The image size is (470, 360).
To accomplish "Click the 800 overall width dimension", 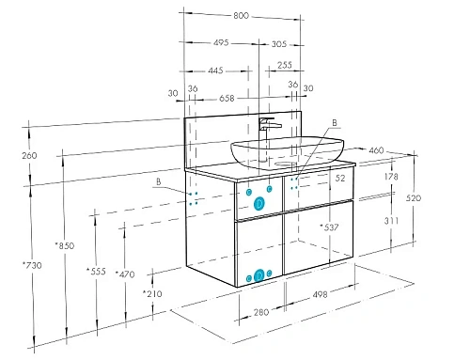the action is click(241, 15).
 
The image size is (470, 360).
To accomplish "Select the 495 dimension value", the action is click(221, 42).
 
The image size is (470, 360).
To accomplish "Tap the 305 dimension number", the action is click(279, 44).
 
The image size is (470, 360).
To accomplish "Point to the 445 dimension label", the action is click(215, 70).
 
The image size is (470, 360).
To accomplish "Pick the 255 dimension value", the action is click(285, 65).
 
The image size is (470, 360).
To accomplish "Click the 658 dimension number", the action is click(227, 99).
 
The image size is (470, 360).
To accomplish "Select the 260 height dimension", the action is click(29, 155).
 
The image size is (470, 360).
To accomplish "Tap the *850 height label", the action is click(65, 246).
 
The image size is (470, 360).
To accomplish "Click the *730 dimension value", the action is click(32, 265).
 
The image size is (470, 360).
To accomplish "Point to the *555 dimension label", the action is click(96, 271).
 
